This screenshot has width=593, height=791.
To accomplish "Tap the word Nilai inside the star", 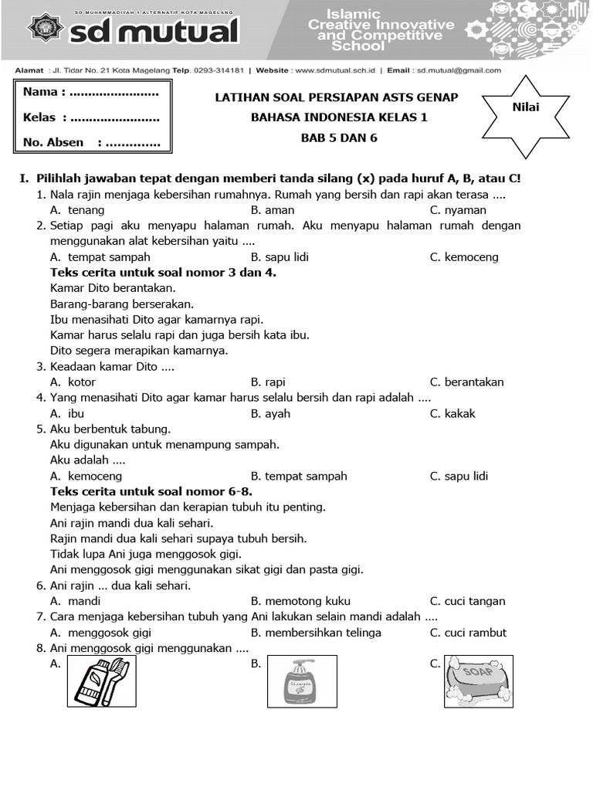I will pyautogui.click(x=526, y=107).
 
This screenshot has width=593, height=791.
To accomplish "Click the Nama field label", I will pyautogui.click(x=44, y=92).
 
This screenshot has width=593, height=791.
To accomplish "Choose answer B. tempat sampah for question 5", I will pyautogui.click(x=299, y=476).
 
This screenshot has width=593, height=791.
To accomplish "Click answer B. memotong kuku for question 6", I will pyautogui.click(x=300, y=601).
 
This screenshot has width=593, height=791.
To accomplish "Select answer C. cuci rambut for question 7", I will pyautogui.click(x=468, y=633).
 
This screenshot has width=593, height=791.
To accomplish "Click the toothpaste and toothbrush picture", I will pyautogui.click(x=102, y=681).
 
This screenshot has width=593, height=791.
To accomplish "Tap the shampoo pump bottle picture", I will pyautogui.click(x=302, y=681).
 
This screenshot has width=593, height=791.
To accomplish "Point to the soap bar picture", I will pyautogui.click(x=479, y=681).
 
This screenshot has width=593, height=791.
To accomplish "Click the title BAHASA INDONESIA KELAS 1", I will pyautogui.click(x=339, y=117).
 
